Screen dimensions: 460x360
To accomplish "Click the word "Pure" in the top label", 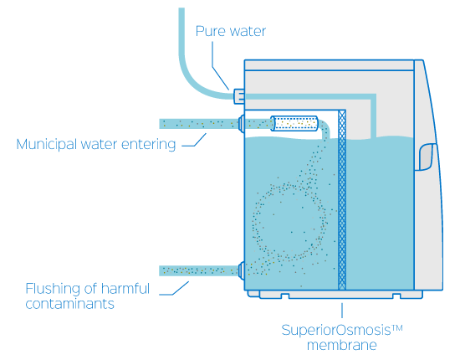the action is click(x=210, y=31).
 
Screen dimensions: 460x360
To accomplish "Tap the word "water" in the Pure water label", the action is click(x=248, y=32).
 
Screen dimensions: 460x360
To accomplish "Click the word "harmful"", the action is click(x=125, y=289).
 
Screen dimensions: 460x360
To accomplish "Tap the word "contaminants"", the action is click(x=69, y=304).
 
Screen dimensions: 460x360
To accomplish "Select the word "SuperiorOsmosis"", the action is click(x=336, y=331).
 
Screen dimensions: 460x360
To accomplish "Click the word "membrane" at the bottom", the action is click(x=342, y=345).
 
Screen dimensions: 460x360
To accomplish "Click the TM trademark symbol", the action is click(x=397, y=327).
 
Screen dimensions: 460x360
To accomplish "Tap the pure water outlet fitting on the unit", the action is click(x=239, y=96).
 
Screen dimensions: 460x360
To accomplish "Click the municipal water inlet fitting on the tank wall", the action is click(x=241, y=124).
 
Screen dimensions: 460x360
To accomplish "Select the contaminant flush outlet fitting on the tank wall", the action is click(x=241, y=270).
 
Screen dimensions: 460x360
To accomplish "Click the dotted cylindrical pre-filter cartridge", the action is click(x=294, y=124).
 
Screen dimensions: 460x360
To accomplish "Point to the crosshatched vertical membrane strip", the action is click(x=342, y=199).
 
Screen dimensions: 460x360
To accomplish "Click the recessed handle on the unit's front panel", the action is click(x=426, y=157).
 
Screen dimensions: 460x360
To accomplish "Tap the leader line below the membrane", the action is click(x=342, y=311).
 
